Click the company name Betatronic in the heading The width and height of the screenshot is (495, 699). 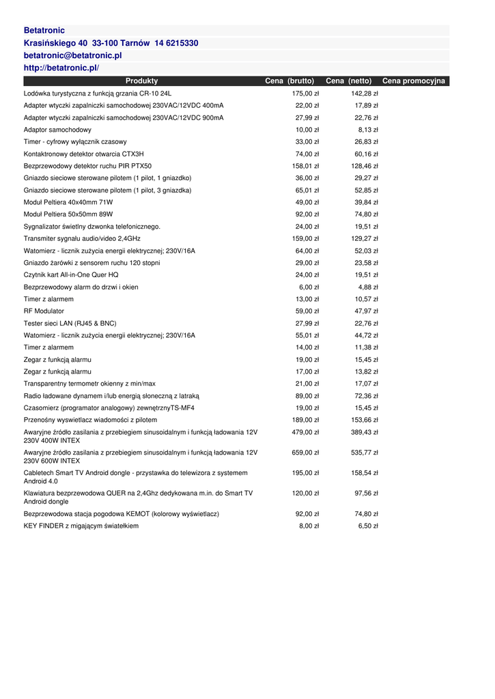[44, 31]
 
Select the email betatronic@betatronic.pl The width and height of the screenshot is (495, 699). [72, 55]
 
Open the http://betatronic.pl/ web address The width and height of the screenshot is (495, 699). [61, 68]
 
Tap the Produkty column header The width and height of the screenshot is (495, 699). [141, 81]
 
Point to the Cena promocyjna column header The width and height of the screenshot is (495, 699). [413, 81]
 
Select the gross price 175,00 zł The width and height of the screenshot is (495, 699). [305, 94]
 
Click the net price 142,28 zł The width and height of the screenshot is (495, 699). [365, 94]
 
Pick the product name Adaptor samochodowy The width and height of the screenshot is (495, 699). [57, 130]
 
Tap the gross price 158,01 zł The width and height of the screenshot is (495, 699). [305, 166]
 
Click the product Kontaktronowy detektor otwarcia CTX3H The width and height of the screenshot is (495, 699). [84, 154]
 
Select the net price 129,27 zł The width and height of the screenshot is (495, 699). [365, 239]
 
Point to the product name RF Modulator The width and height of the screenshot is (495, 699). [43, 311]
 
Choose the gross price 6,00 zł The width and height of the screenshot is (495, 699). [309, 287]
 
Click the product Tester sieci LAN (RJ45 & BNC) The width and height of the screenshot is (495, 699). [70, 324]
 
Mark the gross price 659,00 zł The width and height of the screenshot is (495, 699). [305, 453]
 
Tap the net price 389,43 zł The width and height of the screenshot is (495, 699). [365, 432]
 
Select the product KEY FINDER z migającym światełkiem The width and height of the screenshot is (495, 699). [81, 526]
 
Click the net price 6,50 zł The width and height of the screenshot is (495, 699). [368, 526]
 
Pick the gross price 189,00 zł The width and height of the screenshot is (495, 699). [305, 420]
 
